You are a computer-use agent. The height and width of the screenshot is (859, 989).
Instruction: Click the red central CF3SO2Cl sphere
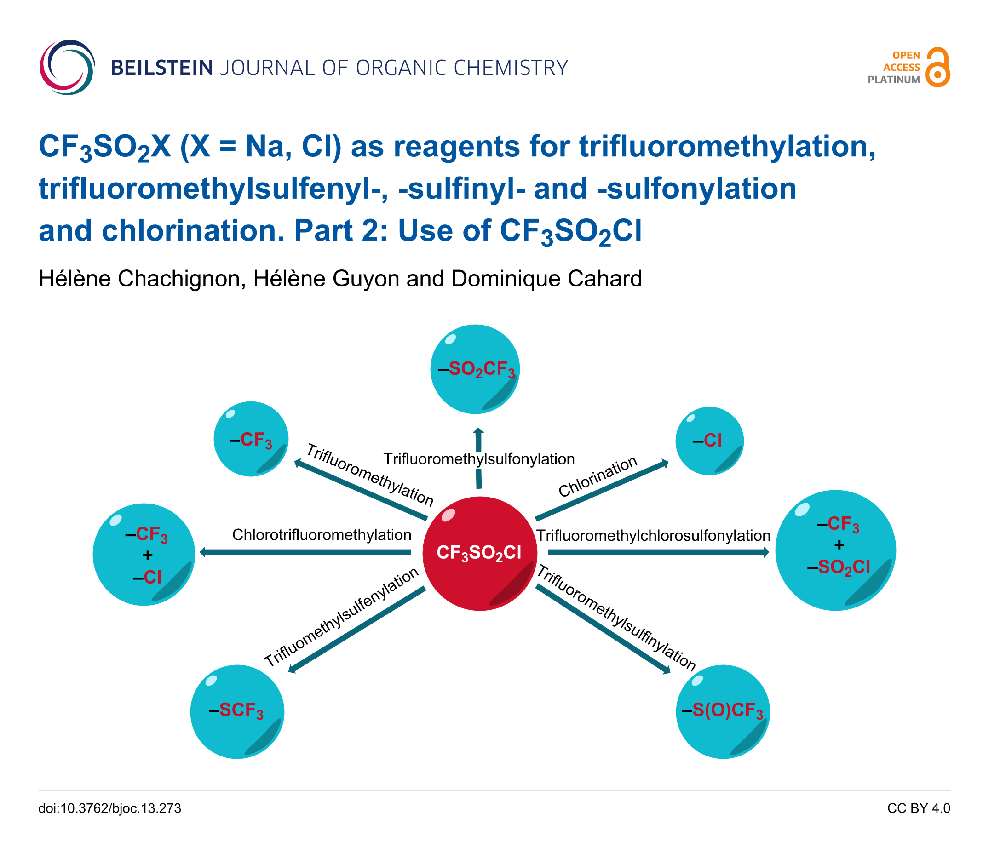click(479, 553)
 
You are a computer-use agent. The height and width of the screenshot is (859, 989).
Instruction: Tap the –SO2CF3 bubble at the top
click(475, 369)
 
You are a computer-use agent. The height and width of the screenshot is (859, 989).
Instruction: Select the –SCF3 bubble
click(237, 711)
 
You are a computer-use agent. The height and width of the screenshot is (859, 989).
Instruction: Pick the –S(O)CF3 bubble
click(723, 711)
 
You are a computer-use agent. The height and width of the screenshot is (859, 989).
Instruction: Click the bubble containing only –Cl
click(709, 441)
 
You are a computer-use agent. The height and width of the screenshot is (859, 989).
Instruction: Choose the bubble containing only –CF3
click(251, 439)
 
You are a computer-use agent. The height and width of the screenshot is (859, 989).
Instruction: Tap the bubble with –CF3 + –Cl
click(144, 554)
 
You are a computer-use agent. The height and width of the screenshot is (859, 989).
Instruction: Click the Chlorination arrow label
click(598, 476)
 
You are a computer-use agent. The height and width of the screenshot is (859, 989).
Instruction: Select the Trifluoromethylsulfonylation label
click(478, 459)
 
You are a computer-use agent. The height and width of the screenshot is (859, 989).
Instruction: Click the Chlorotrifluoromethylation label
click(322, 534)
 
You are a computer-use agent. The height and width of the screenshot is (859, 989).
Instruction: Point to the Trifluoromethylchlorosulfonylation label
click(653, 535)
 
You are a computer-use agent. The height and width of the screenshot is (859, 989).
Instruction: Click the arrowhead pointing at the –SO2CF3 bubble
click(478, 431)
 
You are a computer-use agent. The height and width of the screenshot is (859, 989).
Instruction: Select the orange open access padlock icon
click(937, 68)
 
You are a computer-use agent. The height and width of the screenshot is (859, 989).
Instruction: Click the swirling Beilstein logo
click(67, 67)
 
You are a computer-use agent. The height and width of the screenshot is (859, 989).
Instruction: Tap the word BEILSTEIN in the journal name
click(161, 68)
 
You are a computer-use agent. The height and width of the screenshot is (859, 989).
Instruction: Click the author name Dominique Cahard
click(546, 279)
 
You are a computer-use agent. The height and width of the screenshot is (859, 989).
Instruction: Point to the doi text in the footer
click(110, 808)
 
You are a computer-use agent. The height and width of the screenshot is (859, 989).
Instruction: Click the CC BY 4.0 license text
click(918, 808)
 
